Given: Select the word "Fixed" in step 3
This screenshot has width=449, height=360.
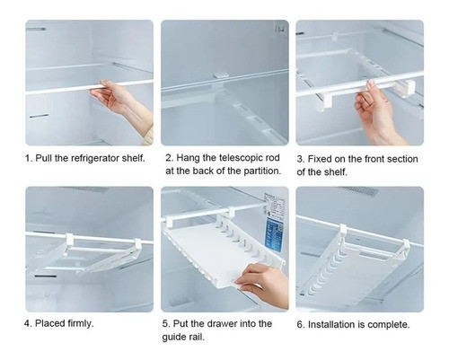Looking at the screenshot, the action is tap(320, 159).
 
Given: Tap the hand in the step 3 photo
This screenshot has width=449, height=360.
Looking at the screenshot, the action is tap(375, 114).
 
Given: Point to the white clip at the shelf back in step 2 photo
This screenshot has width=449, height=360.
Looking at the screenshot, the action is tap(221, 75).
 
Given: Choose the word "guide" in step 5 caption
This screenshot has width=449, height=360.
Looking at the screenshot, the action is tap(173, 337).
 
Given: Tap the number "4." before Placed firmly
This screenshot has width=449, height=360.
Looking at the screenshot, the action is tap(28, 323).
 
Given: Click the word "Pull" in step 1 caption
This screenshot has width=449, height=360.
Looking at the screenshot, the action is tap(44, 158).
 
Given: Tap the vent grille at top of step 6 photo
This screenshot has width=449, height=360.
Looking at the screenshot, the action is tap(357, 191).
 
